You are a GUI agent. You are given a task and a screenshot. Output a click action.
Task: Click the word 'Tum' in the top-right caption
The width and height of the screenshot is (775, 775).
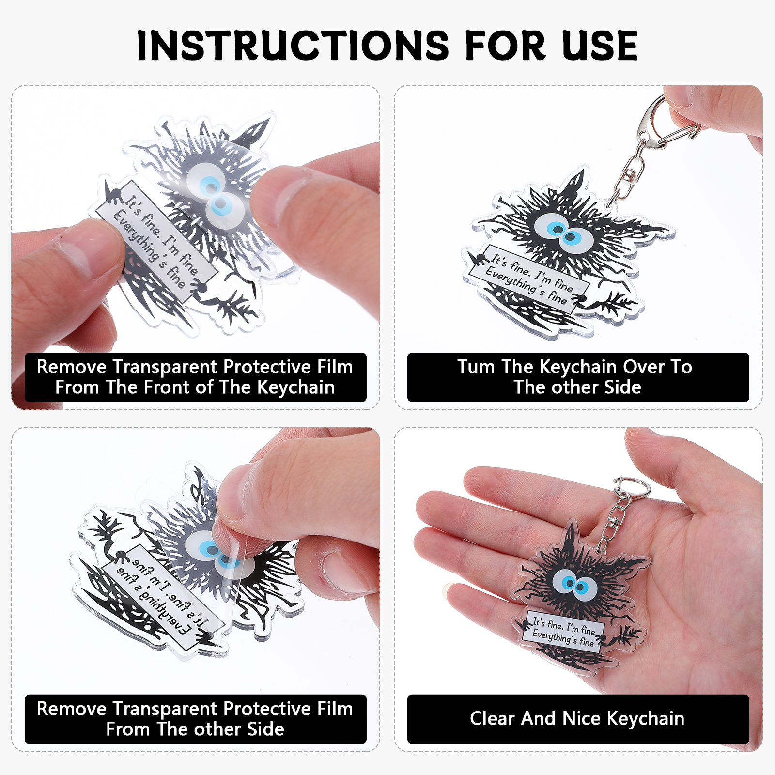click(476, 367)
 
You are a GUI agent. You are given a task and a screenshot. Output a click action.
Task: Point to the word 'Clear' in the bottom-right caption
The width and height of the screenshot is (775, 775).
click(492, 718)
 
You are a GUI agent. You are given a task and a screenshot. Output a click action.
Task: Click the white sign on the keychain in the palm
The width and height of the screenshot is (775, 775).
click(565, 631)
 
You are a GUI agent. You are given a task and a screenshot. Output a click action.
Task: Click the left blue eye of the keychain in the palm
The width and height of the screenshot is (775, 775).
click(565, 581)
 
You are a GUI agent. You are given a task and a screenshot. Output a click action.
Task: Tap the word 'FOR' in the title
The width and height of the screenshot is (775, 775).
click(506, 46)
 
